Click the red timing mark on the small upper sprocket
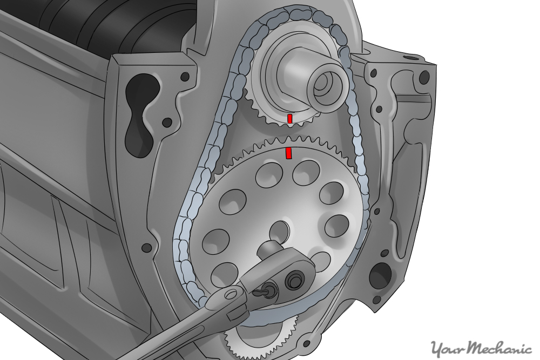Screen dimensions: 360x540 (290, 118)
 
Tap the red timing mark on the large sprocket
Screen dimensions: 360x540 (288, 153)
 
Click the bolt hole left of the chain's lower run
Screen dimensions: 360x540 (146, 248)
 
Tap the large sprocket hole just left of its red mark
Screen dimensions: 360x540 (266, 173)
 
